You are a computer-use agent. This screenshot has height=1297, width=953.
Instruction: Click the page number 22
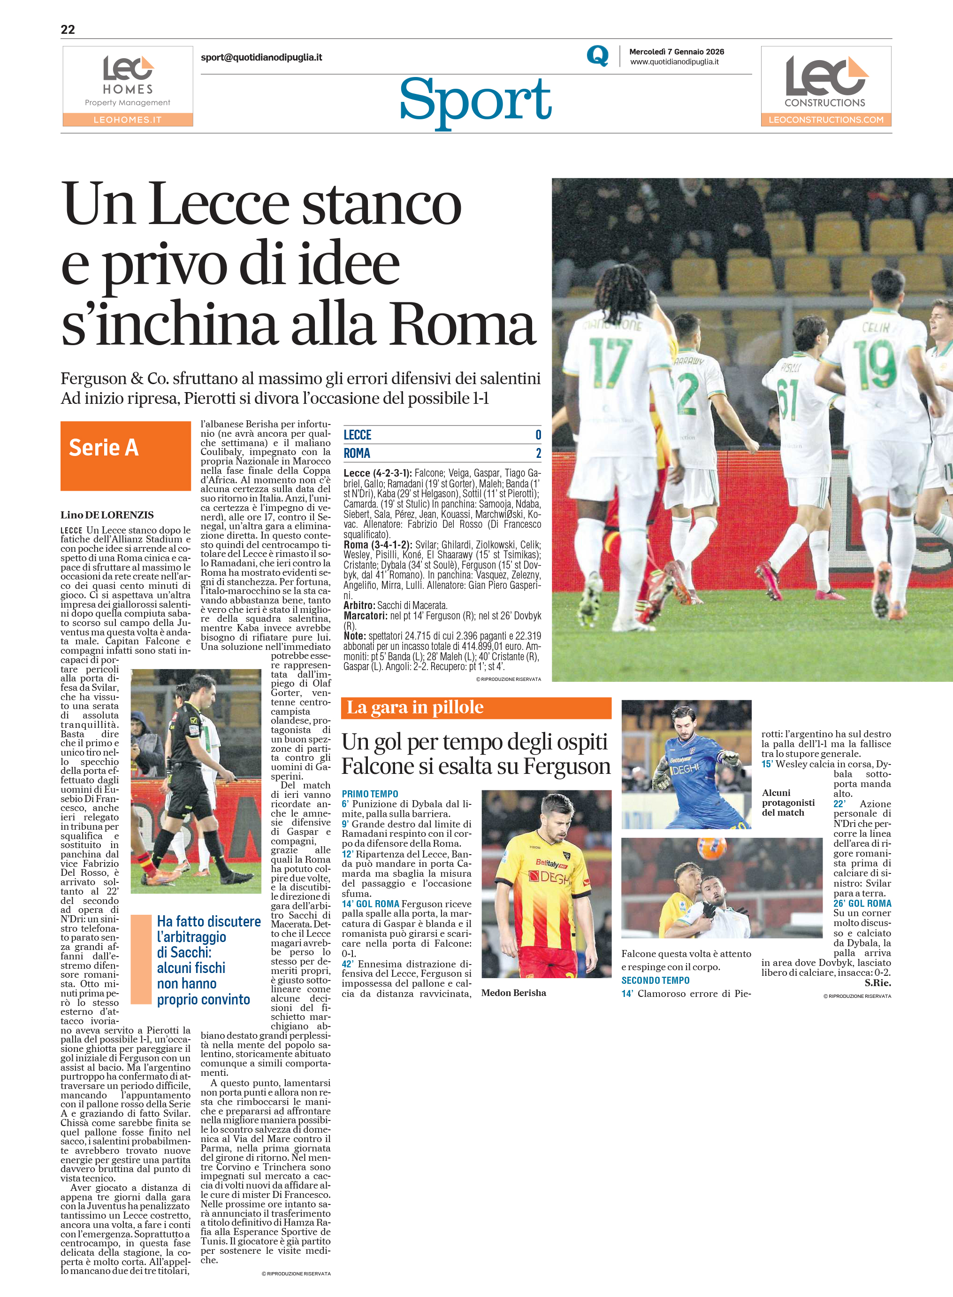(x=68, y=30)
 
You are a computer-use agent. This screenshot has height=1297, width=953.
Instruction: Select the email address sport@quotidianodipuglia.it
(x=261, y=57)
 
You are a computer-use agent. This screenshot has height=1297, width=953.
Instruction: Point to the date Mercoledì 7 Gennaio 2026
(x=676, y=51)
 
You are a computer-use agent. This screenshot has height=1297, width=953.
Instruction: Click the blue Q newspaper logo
(x=597, y=56)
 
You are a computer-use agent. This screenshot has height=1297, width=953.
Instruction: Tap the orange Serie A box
(x=125, y=455)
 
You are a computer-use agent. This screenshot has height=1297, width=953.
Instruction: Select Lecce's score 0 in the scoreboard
(x=538, y=435)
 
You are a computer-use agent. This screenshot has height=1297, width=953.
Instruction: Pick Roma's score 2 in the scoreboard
(x=538, y=453)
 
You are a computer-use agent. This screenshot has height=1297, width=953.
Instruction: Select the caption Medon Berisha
(x=513, y=993)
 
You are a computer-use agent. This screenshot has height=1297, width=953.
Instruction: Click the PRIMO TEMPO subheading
(x=370, y=794)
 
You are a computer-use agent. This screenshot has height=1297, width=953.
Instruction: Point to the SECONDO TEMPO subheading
(x=656, y=980)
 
